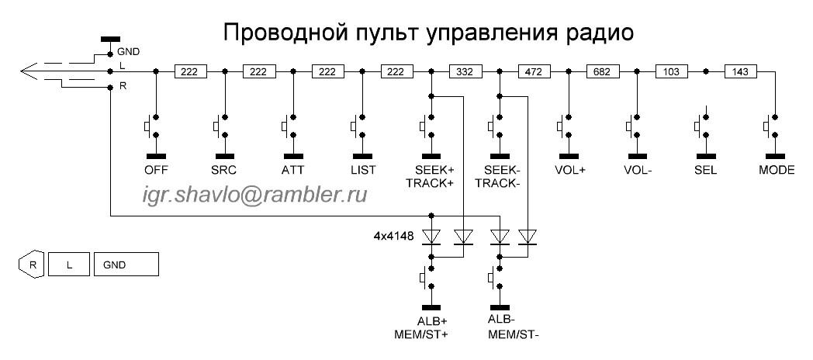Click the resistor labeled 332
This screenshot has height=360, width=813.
pyautogui.click(x=465, y=71)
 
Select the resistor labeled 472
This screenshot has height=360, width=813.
pyautogui.click(x=534, y=71)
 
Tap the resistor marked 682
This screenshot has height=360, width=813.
pyautogui.click(x=603, y=71)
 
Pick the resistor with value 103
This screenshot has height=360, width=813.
pyautogui.click(x=672, y=71)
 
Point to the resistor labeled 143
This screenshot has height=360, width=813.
pyautogui.click(x=740, y=71)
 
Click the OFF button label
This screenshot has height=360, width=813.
pyautogui.click(x=157, y=170)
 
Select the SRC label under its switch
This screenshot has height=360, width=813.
pyautogui.click(x=225, y=170)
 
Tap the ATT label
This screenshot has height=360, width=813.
pyautogui.click(x=293, y=170)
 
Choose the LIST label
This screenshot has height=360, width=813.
pyautogui.click(x=362, y=170)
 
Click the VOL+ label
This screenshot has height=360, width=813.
pyautogui.click(x=569, y=170)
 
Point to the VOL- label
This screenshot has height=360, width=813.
pyautogui.click(x=637, y=170)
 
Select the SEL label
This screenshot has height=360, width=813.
pyautogui.click(x=706, y=170)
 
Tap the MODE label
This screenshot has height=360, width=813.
pyautogui.click(x=777, y=170)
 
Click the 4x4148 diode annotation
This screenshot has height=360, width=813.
pyautogui.click(x=393, y=237)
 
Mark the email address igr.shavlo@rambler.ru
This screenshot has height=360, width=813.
pyautogui.click(x=254, y=195)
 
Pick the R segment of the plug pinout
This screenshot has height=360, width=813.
pyautogui.click(x=33, y=265)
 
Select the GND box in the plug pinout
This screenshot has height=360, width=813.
pyautogui.click(x=126, y=265)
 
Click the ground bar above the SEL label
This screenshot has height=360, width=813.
pyautogui.click(x=706, y=156)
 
